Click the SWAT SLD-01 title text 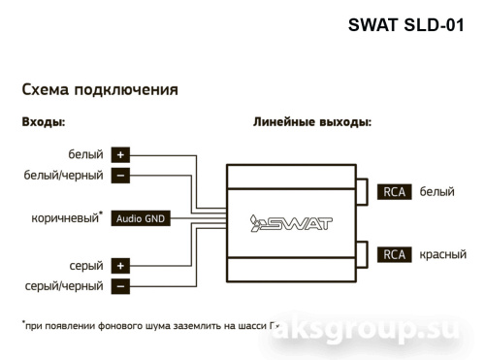tap(411, 26)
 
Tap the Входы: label tap(44, 123)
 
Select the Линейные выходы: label tap(312, 123)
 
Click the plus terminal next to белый tap(120, 154)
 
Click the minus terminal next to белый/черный tap(120, 176)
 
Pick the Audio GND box tap(141, 218)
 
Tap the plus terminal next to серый tap(120, 265)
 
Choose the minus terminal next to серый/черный tap(120, 286)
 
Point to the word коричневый tap(65, 218)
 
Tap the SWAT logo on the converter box tap(291, 223)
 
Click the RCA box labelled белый tap(395, 192)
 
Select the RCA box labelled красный tap(395, 255)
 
